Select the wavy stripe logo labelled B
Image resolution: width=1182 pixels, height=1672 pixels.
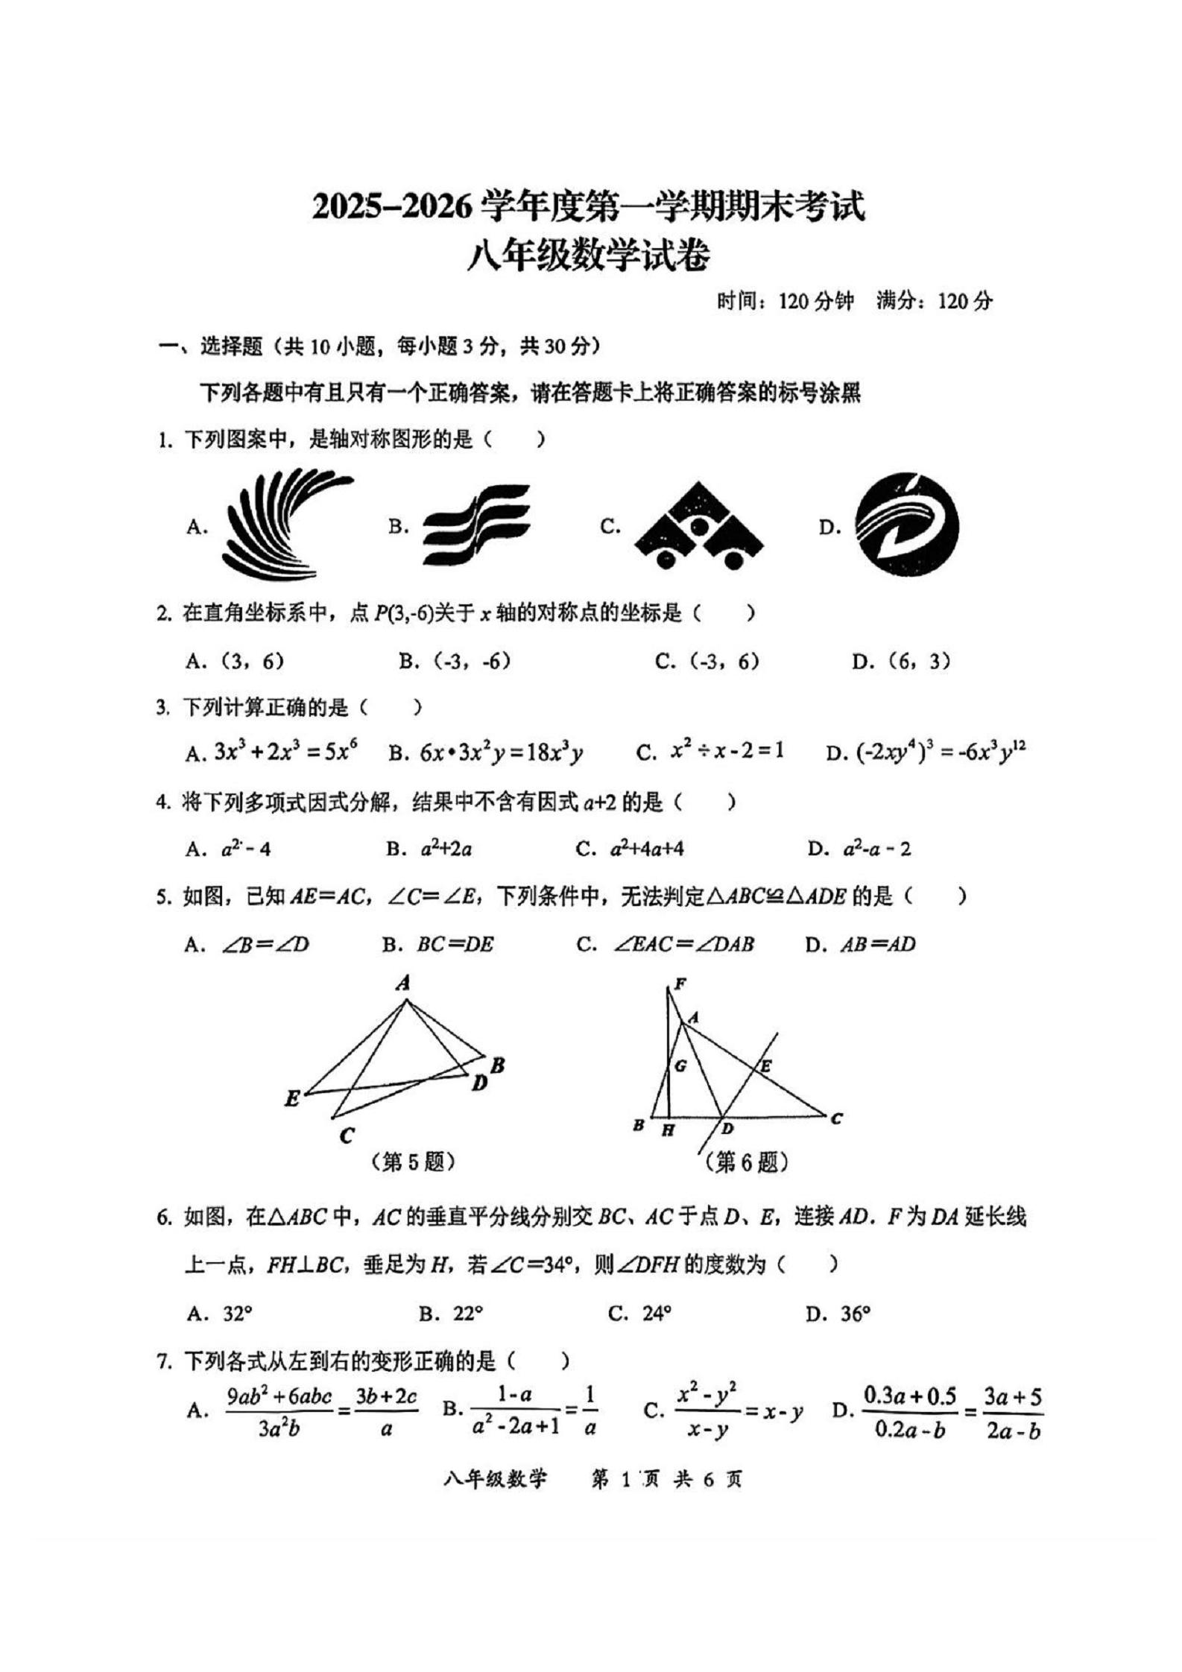tap(475, 525)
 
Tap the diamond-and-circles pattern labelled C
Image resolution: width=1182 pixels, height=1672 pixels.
tap(698, 526)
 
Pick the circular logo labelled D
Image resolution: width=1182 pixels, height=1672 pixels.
tap(906, 525)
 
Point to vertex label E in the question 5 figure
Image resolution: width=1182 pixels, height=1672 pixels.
tap(292, 1098)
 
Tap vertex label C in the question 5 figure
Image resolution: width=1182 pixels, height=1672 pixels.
tap(346, 1136)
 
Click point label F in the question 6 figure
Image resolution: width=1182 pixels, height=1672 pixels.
tap(679, 984)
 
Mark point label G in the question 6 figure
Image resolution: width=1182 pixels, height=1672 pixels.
tap(680, 1066)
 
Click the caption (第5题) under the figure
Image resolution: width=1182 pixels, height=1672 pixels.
tap(414, 1162)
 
